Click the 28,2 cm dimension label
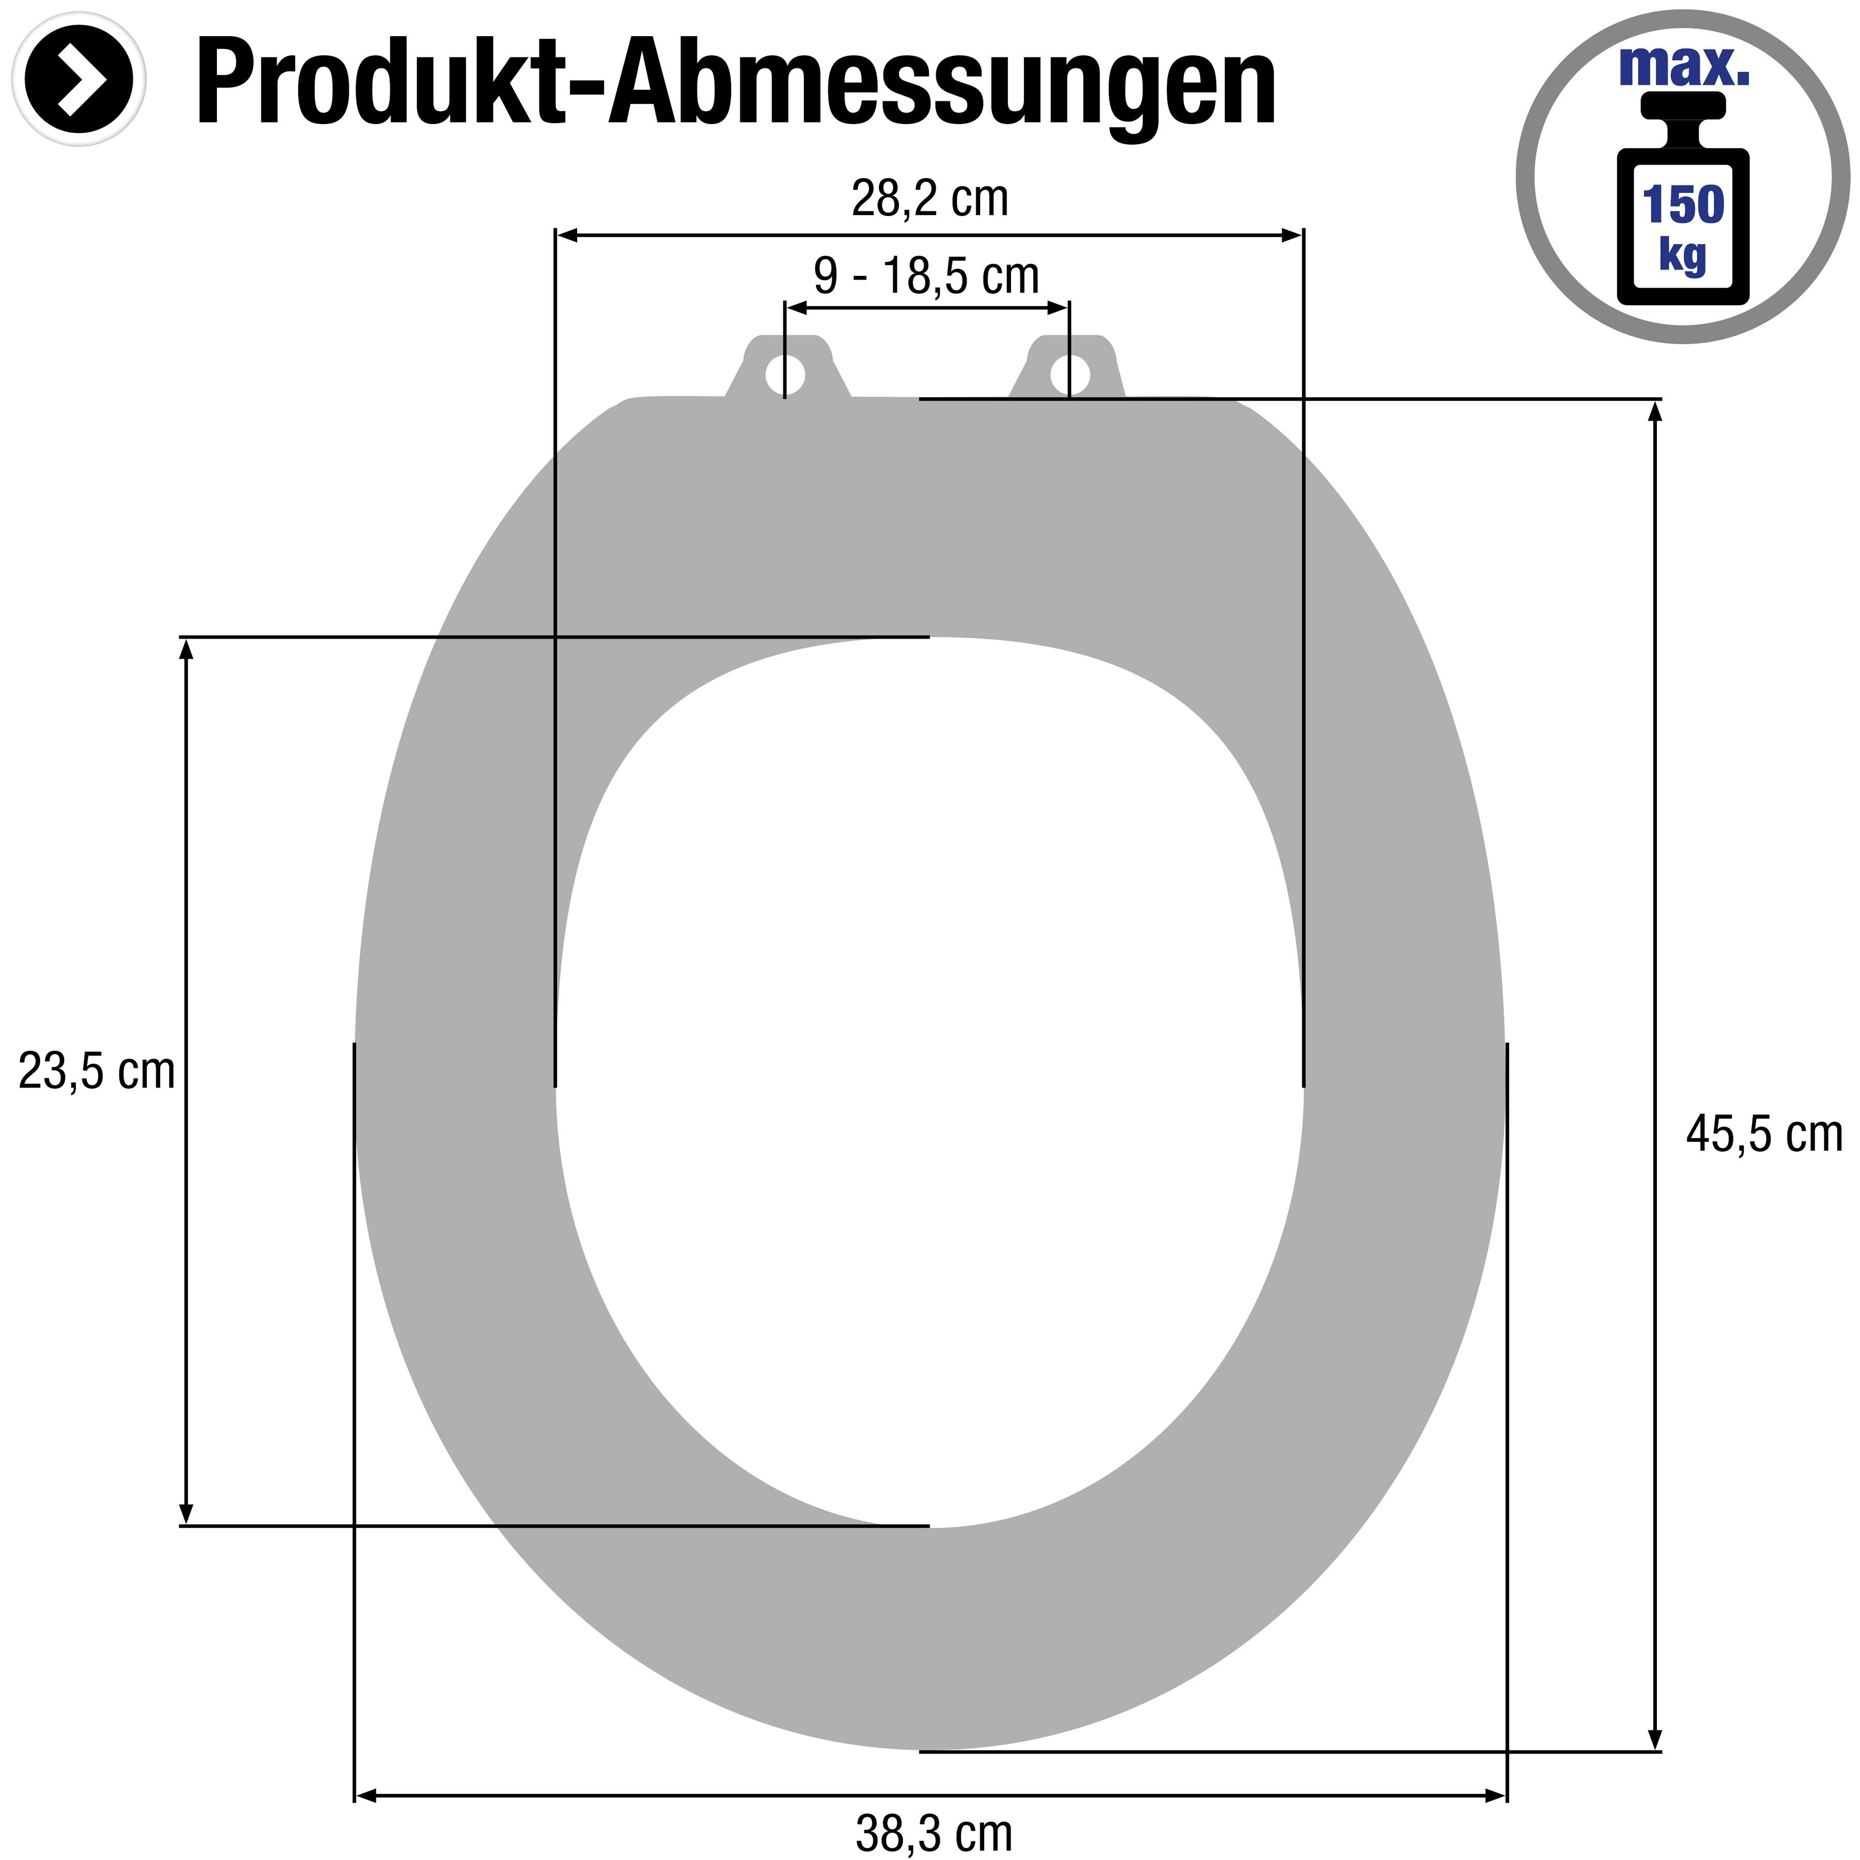[x=929, y=199]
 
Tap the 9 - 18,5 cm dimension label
[x=926, y=276]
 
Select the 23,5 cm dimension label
[x=96, y=1072]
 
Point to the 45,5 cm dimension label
[x=1764, y=1134]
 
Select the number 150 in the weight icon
[x=1683, y=204]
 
